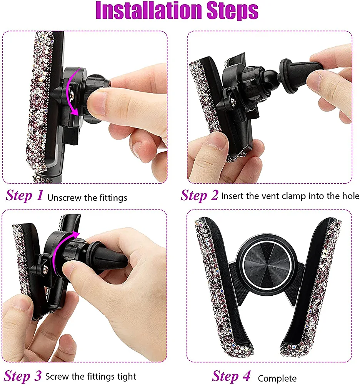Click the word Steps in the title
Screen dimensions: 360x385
(x=232, y=11)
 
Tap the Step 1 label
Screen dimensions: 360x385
(x=25, y=196)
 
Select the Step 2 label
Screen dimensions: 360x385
(x=199, y=196)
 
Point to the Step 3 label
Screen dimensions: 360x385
(x=23, y=376)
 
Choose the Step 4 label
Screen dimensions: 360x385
(x=231, y=376)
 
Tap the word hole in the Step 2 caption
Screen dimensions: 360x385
(x=351, y=196)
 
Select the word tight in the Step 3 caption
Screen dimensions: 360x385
(x=127, y=377)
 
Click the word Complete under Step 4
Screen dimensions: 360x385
(x=277, y=378)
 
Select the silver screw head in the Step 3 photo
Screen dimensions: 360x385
(x=45, y=270)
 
